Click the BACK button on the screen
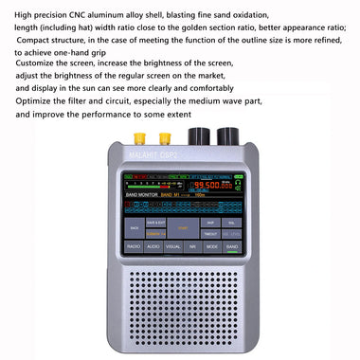click(x=135, y=228)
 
